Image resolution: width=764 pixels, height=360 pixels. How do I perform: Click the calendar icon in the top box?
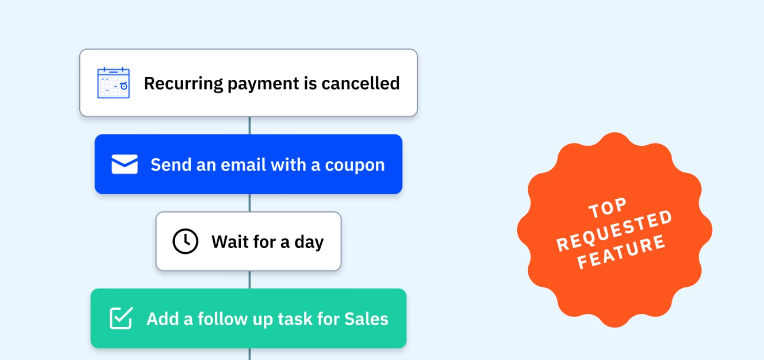(113, 83)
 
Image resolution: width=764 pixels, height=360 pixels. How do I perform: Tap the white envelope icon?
(124, 164)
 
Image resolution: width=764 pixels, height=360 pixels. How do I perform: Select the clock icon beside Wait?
(185, 241)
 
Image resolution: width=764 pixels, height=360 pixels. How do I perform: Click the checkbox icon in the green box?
(121, 318)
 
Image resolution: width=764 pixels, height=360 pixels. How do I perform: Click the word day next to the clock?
(309, 242)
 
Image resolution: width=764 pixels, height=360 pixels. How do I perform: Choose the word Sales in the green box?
(366, 319)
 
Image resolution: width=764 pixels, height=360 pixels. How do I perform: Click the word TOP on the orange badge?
(608, 208)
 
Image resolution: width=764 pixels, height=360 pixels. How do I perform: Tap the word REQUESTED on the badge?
(615, 232)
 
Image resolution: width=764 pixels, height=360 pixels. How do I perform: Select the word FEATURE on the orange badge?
(621, 252)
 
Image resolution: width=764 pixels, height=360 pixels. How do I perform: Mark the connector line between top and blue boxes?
(250, 125)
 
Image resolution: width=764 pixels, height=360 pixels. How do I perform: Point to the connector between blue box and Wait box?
(250, 202)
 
